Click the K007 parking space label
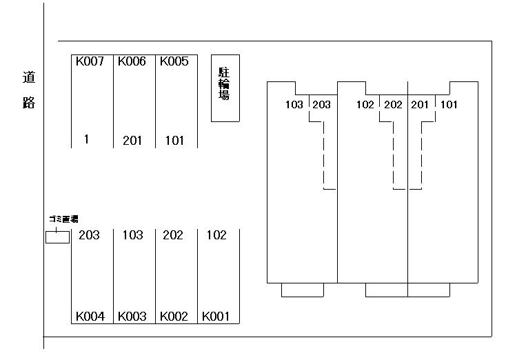tap(90, 61)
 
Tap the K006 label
tap(132, 61)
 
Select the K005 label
tap(174, 61)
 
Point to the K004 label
tap(90, 317)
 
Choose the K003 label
tap(132, 317)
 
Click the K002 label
tap(174, 317)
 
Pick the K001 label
tap(216, 317)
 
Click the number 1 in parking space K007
tap(86, 139)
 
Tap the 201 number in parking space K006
tap(132, 141)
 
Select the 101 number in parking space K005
tap(174, 141)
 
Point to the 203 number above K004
tap(89, 235)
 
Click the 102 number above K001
tap(216, 235)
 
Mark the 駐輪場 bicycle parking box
tap(225, 88)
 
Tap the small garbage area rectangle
tap(57, 237)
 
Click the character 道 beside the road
tap(29, 79)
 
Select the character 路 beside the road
tap(29, 103)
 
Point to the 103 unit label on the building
tap(294, 105)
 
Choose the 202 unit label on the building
tap(392, 105)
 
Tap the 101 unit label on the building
tap(448, 105)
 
